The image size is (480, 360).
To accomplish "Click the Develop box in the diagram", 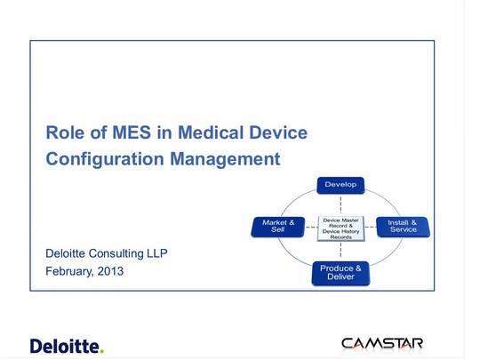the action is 340,185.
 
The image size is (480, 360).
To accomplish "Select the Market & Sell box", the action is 278,227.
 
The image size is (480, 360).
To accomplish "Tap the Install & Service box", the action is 404,227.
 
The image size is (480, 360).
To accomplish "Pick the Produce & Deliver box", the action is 340,274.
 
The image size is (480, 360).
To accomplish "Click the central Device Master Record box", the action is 340,228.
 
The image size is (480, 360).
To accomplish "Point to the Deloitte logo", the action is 67,347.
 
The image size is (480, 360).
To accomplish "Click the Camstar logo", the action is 382,343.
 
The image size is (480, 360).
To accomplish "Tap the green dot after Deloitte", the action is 102,351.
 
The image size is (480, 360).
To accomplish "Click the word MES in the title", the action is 132,132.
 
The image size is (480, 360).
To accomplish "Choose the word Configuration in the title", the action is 105,159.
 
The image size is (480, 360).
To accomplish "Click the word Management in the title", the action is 225,159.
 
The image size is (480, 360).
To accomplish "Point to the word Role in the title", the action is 65,132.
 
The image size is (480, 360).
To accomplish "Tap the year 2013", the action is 110,271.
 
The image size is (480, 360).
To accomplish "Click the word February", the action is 69,271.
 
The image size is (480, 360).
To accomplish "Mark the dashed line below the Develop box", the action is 340,205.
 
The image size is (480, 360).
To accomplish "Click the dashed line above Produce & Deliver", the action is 340,252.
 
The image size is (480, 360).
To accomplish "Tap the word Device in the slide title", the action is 278,132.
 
